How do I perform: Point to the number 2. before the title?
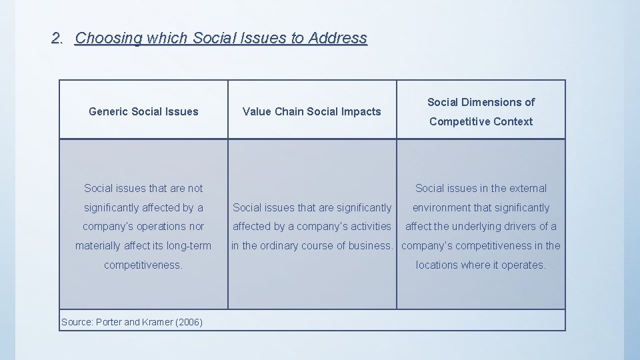(x=57, y=38)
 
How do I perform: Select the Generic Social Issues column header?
(x=143, y=111)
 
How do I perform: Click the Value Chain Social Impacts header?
(x=312, y=111)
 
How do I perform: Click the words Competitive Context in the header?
(x=481, y=121)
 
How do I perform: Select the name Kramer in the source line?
(x=157, y=322)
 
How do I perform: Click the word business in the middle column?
(x=369, y=245)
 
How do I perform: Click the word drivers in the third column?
(x=518, y=226)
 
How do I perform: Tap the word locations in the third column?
(x=441, y=265)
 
